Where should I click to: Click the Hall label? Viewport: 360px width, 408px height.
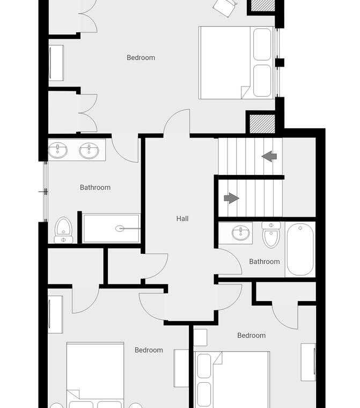click(182, 219)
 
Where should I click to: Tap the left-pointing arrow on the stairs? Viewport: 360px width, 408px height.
click(269, 156)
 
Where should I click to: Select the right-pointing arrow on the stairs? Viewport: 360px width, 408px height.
click(231, 198)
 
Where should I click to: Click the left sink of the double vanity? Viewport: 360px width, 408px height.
click(58, 150)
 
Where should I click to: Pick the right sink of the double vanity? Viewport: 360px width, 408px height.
click(89, 150)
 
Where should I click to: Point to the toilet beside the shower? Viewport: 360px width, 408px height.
click(63, 230)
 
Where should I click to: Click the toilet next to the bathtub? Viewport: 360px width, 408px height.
click(271, 235)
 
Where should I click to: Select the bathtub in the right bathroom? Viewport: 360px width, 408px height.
click(300, 249)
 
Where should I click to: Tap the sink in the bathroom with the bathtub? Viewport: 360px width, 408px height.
click(241, 232)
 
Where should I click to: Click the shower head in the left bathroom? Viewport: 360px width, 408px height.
click(120, 229)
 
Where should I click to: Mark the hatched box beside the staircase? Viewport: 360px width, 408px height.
click(262, 123)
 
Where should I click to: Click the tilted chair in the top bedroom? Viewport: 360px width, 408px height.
click(225, 8)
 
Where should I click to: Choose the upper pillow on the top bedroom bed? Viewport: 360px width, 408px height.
click(262, 44)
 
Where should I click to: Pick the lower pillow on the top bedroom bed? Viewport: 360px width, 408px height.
click(262, 81)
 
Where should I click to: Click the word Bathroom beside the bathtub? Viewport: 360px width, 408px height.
click(265, 261)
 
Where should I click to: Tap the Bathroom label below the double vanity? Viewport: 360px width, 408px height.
click(95, 187)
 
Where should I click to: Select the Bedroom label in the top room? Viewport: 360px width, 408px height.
click(141, 57)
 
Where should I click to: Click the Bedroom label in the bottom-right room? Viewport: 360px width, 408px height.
click(252, 336)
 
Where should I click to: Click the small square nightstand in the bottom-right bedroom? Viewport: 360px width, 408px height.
click(201, 338)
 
